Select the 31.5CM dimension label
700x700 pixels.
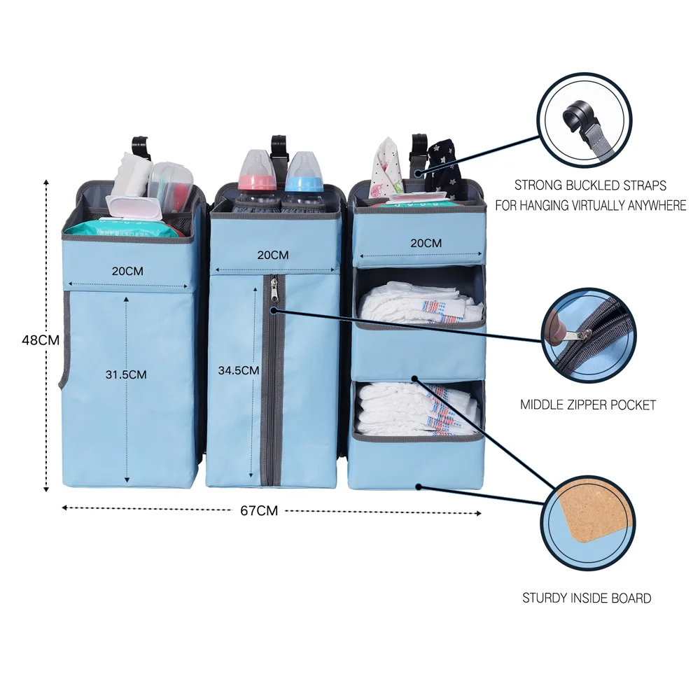[x=126, y=374]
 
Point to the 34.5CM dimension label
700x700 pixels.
[x=239, y=370]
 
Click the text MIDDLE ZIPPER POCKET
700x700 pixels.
[x=588, y=405]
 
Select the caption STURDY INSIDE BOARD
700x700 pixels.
[x=587, y=598]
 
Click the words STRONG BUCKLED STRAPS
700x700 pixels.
[x=590, y=185]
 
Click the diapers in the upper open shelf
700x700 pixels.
[x=420, y=302]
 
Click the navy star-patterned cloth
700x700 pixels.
[x=442, y=164]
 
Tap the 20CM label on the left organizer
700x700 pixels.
[x=127, y=270]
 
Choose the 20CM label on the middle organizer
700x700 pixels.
[x=273, y=255]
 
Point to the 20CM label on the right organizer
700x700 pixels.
[x=426, y=243]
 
